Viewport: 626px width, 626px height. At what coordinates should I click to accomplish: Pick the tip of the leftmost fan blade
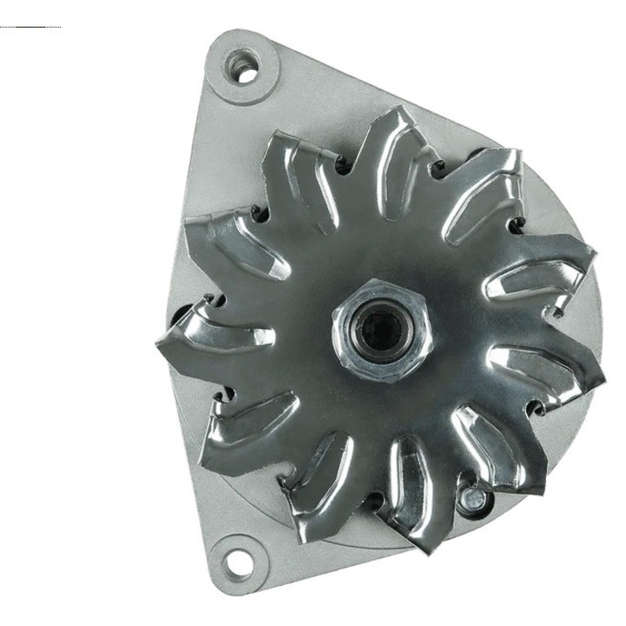pyautogui.click(x=162, y=343)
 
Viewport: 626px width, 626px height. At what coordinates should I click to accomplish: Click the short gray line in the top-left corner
pyautogui.click(x=30, y=27)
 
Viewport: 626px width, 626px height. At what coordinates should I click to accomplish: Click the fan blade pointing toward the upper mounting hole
pyautogui.click(x=300, y=161)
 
